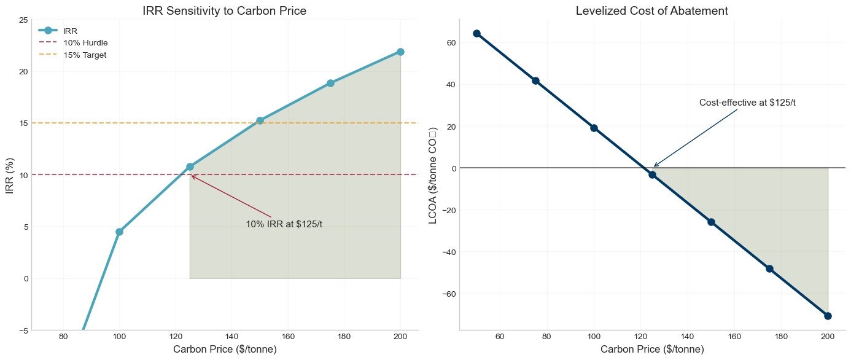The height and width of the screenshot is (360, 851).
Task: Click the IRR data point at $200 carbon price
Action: [x=400, y=52]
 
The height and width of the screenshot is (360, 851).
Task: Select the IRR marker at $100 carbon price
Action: [x=119, y=232]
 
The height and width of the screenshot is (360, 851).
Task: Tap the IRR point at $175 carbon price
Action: [x=330, y=83]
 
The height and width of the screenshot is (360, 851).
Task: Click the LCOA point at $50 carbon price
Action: [x=476, y=33]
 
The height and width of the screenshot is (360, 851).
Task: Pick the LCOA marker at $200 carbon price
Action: [x=828, y=316]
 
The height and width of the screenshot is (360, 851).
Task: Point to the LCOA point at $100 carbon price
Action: [x=594, y=128]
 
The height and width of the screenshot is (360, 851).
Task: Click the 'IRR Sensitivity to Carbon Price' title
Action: [x=224, y=10]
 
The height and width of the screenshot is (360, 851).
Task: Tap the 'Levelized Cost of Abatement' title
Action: [x=652, y=10]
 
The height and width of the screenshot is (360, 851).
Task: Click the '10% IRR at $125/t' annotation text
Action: [x=284, y=224]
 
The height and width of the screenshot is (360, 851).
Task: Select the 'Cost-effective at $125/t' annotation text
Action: [x=747, y=103]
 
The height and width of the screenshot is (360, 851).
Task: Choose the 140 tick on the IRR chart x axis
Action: [x=231, y=337]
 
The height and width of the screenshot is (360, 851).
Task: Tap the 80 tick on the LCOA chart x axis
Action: [x=546, y=337]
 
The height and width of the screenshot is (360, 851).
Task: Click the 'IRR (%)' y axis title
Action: [x=9, y=175]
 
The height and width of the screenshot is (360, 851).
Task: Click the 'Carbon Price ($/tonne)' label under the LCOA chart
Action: [x=652, y=350]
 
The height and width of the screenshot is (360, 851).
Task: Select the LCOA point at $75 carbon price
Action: [x=535, y=80]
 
